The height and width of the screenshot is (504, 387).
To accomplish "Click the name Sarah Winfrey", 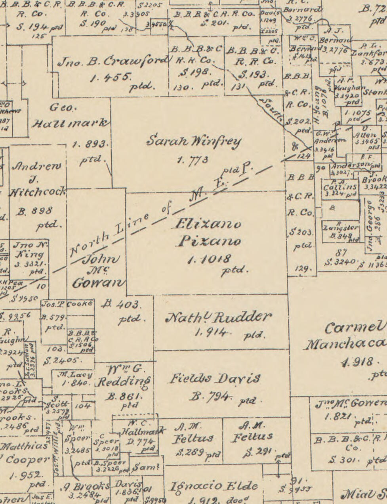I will pos(194,141).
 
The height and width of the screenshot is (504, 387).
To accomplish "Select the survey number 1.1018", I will pos(209,259).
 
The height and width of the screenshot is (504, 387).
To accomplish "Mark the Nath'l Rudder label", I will pos(219,317).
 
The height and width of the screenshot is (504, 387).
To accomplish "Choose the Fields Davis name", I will pos(215,379).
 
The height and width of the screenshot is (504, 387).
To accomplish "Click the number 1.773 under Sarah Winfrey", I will pos(193,160).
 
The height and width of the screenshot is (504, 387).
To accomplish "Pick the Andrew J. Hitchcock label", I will pos(37,179).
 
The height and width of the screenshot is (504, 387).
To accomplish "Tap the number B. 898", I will pos(35,211).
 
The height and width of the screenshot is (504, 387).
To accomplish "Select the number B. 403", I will pos(121,305).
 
